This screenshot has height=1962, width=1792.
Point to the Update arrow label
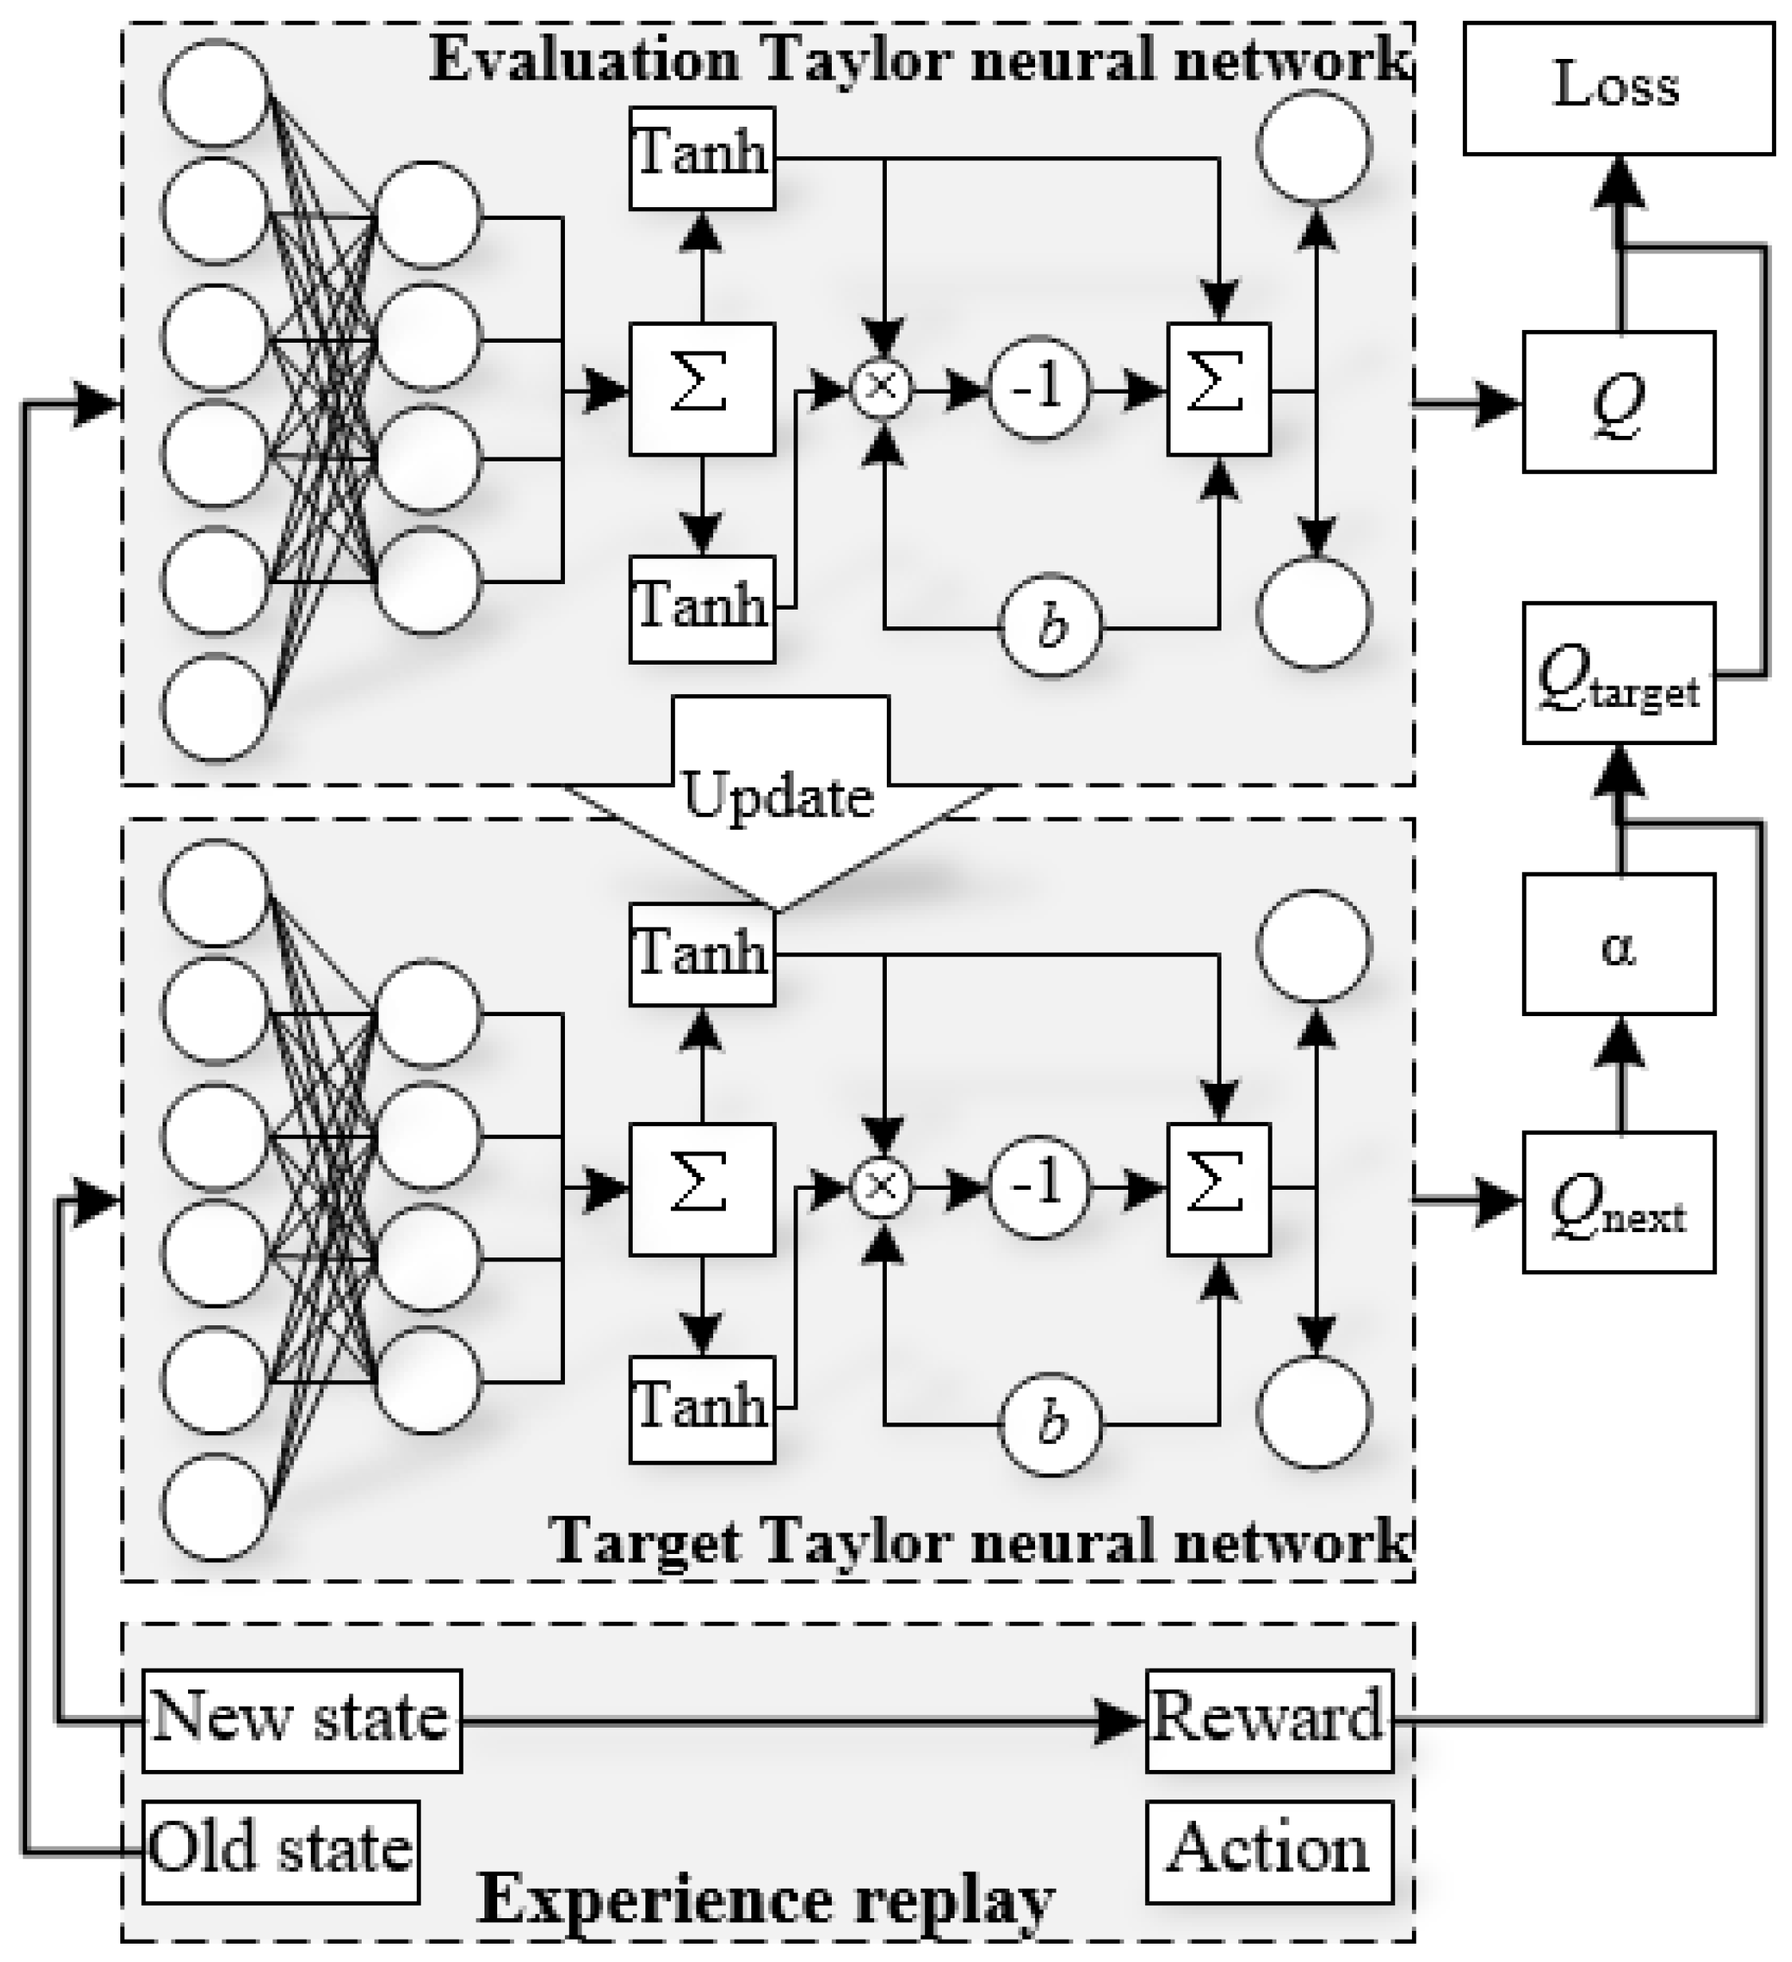778,796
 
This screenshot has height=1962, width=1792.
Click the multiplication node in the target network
881,1187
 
